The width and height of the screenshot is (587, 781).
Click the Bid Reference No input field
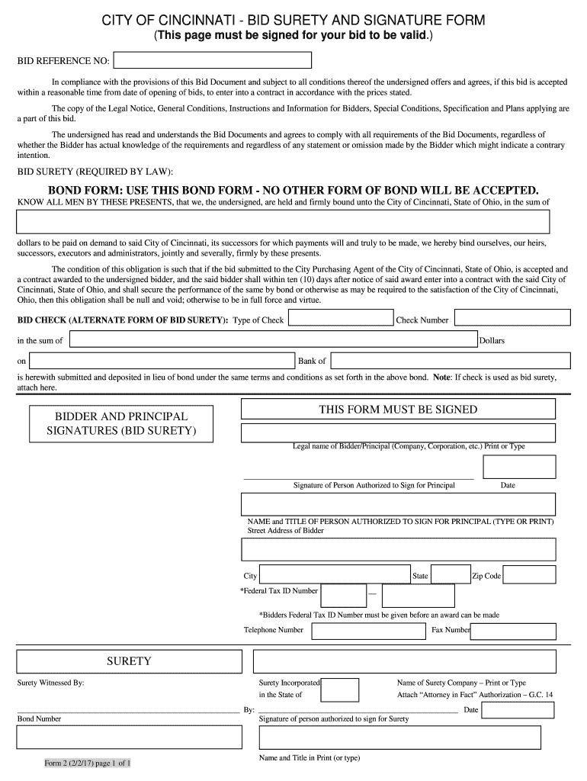coord(213,59)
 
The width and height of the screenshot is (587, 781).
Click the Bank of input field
coord(451,360)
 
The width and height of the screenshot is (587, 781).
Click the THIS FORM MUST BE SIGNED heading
coord(397,410)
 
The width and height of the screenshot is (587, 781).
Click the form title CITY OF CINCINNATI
coord(293,20)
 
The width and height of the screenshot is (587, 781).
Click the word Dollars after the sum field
coord(492,341)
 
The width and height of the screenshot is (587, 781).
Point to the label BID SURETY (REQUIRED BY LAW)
coord(91,171)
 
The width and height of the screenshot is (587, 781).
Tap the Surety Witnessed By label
coord(50,683)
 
